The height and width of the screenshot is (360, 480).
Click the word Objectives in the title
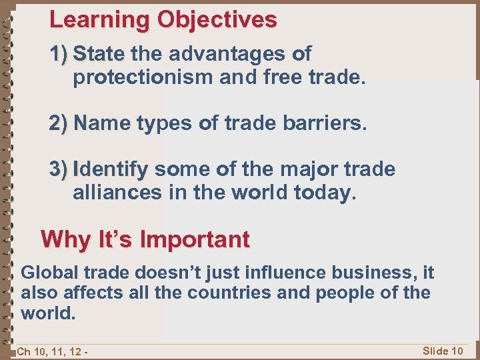click(217, 20)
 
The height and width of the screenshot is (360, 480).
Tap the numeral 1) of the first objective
click(59, 54)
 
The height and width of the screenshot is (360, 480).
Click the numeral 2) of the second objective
click(59, 123)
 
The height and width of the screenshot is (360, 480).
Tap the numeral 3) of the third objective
click(59, 169)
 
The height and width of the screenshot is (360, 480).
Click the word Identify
click(111, 169)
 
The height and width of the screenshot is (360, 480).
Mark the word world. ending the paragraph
click(46, 313)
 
